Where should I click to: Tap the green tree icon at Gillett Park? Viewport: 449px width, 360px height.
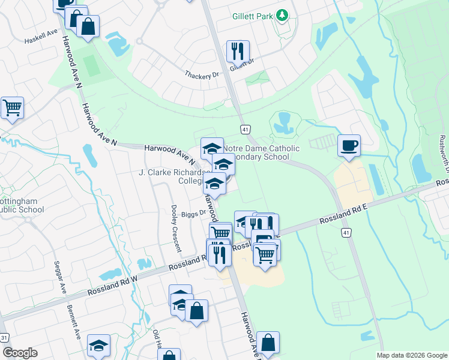282,16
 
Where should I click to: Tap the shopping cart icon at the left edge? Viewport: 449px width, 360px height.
12,108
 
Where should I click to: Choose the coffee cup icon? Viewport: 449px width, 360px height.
349,145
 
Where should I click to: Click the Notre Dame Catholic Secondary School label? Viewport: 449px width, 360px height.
261,152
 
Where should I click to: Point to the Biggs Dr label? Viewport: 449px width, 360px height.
194,212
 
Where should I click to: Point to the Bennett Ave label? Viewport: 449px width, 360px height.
74,321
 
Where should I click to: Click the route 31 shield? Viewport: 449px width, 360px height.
4,338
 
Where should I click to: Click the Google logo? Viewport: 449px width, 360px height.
20,353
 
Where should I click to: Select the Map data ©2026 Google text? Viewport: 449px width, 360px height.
412,355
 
